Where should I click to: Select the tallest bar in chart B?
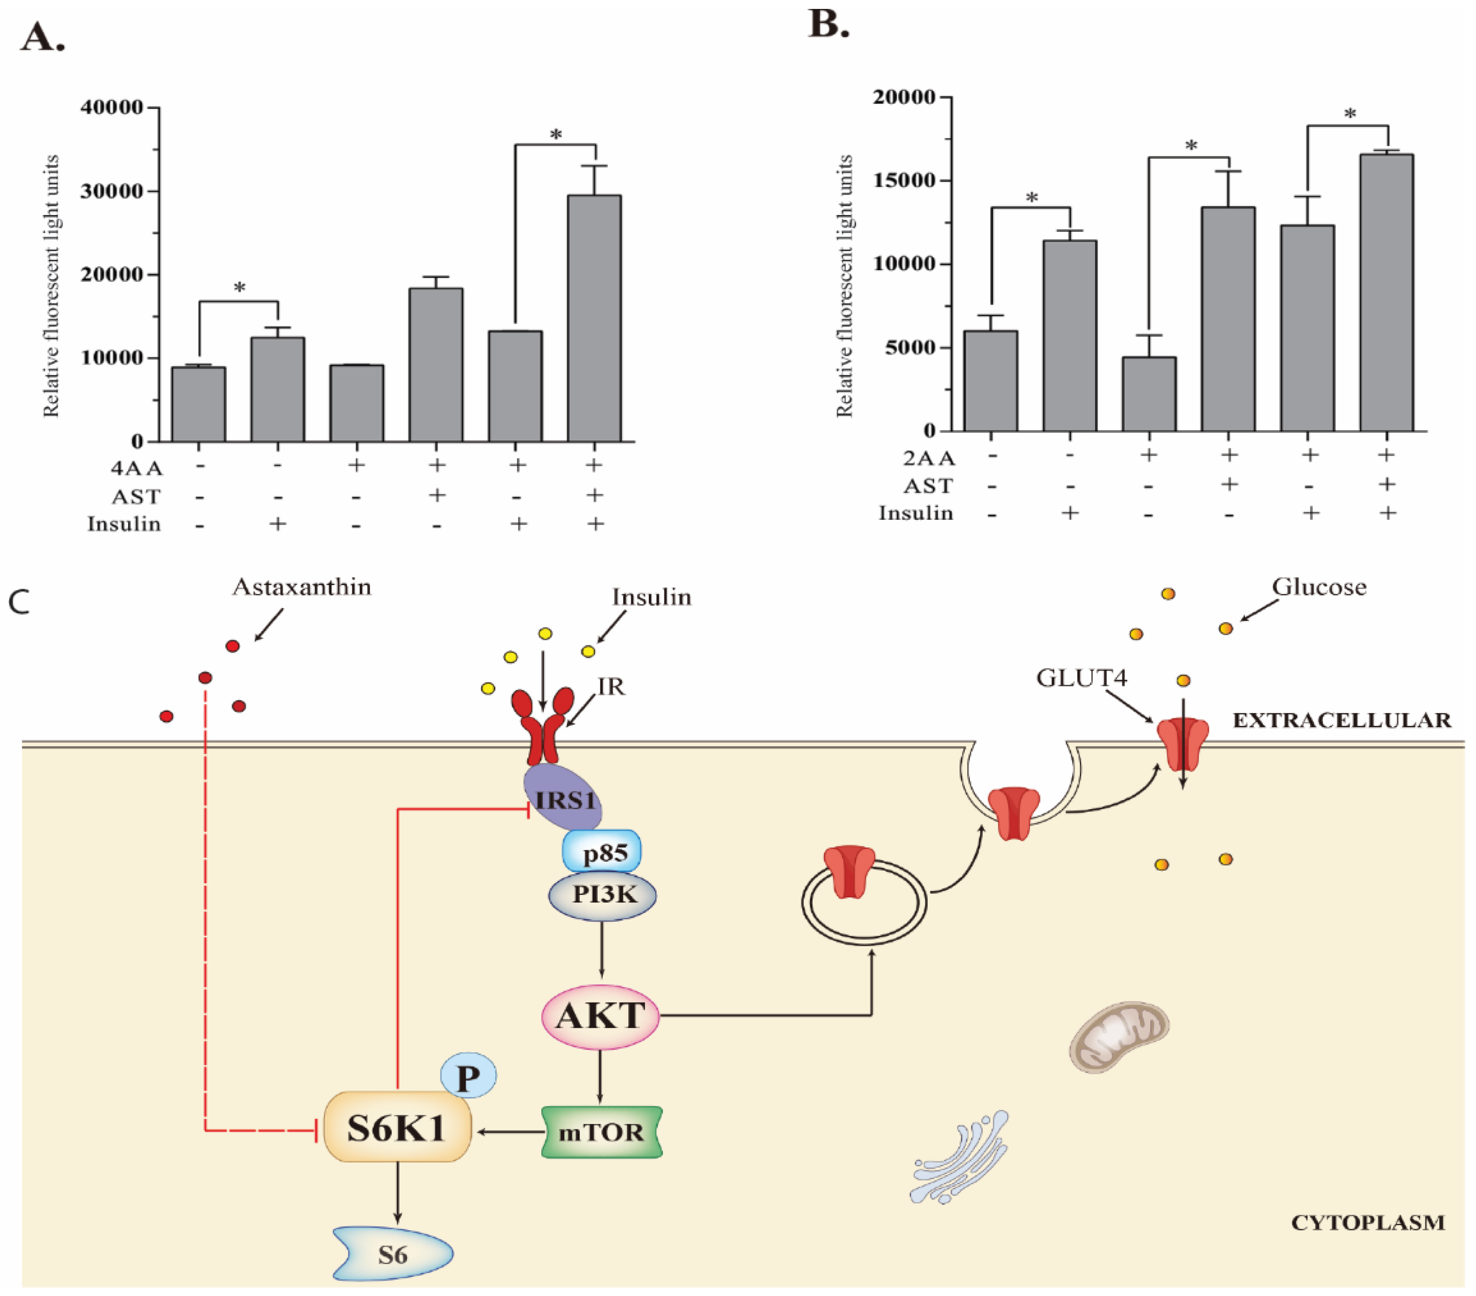[x=1386, y=293]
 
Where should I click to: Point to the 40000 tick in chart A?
[x=112, y=108]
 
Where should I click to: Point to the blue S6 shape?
[x=393, y=1254]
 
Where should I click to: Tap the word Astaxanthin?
[x=302, y=586]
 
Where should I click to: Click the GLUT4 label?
[x=1081, y=678]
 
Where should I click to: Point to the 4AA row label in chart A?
[x=137, y=468]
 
